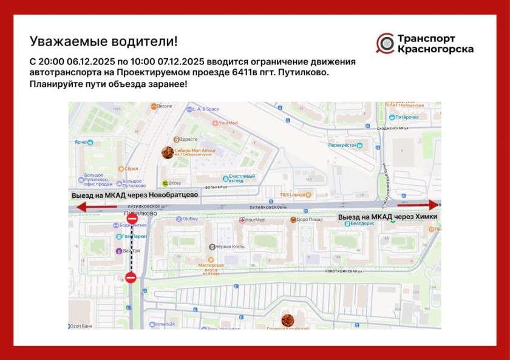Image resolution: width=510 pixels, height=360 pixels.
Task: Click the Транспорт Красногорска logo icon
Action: (385, 43)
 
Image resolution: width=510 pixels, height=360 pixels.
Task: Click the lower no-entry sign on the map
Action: (131, 278)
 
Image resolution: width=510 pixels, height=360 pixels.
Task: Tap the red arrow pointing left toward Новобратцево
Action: (91, 208)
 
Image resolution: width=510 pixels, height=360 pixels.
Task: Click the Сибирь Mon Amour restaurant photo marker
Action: (168, 152)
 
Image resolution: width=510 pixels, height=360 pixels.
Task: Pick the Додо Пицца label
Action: (310, 220)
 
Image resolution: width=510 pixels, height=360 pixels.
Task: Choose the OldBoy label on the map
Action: (189, 219)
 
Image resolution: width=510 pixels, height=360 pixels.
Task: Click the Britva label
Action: (174, 183)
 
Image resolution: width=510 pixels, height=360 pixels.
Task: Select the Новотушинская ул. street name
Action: (344, 271)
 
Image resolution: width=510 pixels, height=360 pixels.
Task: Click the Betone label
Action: (164, 106)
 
